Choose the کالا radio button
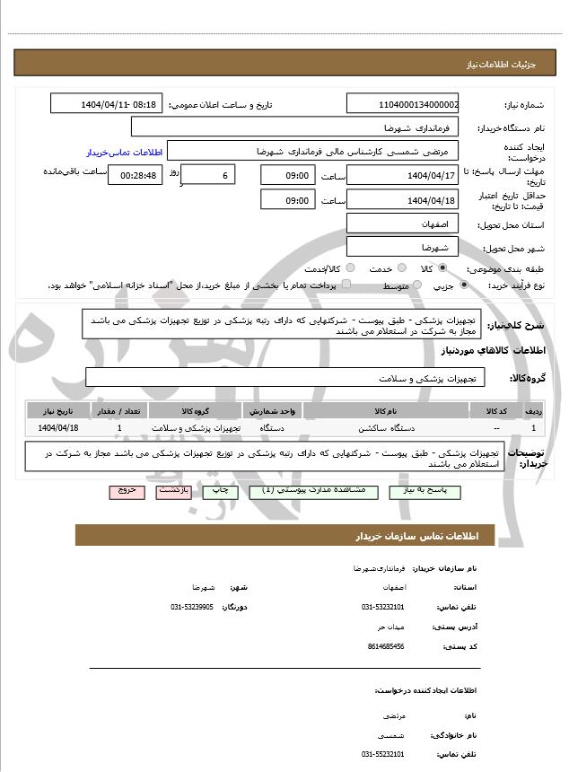click(x=442, y=268)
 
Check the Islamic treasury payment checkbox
click(x=347, y=285)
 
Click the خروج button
click(x=125, y=491)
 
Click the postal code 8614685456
click(x=386, y=646)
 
